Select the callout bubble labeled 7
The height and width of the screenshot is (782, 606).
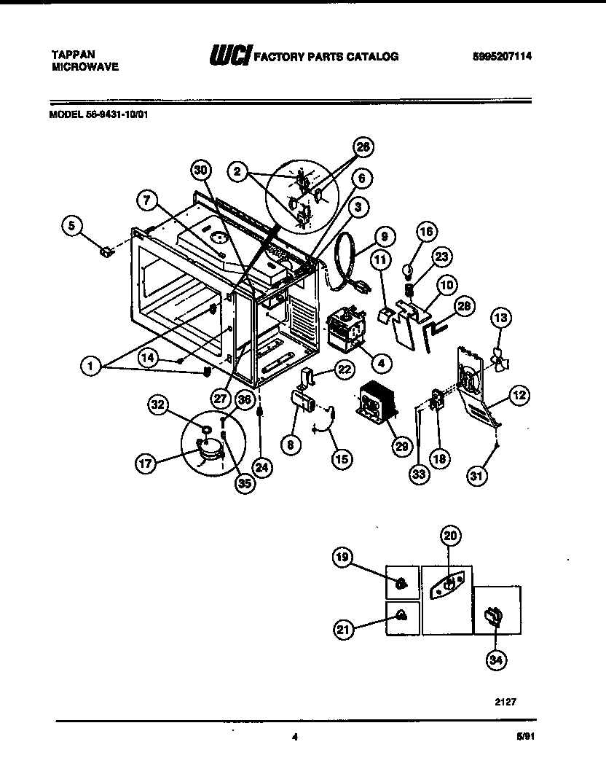click(x=147, y=199)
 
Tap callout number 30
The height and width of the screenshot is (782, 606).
click(x=202, y=171)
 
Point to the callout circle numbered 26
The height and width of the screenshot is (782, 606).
click(x=363, y=146)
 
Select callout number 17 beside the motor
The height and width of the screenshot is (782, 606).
click(x=146, y=463)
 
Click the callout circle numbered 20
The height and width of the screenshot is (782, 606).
click(x=451, y=536)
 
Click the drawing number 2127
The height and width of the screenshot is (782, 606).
click(x=505, y=701)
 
